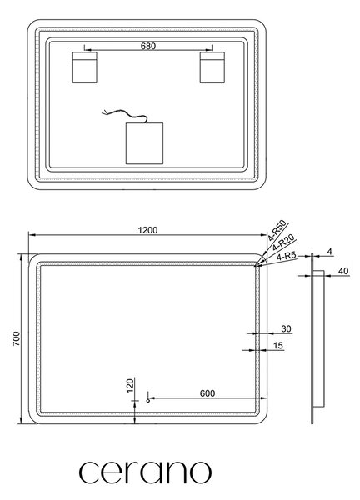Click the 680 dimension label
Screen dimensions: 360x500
(x=148, y=46)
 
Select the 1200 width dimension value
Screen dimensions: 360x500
(x=147, y=230)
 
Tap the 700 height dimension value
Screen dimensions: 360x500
(x=16, y=338)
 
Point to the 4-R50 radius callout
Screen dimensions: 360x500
(x=277, y=230)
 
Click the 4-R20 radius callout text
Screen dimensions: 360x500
(x=284, y=245)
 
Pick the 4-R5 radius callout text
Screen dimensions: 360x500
(x=287, y=256)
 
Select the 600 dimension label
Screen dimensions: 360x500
(x=207, y=393)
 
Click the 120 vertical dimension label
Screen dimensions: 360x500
(x=130, y=385)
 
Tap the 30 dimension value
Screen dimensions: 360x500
(x=286, y=328)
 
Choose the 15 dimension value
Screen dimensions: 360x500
(x=278, y=345)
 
